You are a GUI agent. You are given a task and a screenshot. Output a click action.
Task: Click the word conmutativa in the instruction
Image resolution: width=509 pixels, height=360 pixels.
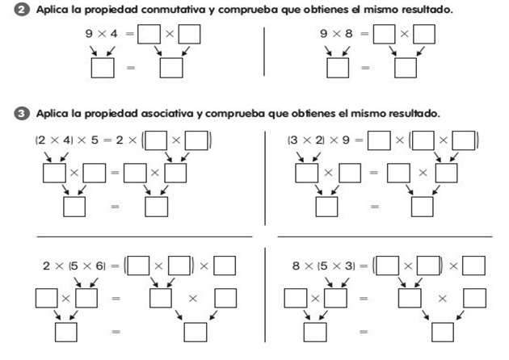(x=168, y=10)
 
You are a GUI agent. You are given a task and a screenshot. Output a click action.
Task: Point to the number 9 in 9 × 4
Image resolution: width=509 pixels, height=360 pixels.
(x=89, y=34)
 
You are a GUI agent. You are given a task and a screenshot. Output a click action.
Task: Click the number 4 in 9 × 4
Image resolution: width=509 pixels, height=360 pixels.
(x=116, y=34)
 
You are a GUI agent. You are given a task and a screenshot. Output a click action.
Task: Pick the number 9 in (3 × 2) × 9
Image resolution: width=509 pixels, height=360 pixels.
(x=349, y=140)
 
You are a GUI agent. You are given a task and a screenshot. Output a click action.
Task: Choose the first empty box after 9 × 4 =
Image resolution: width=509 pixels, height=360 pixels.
(x=149, y=35)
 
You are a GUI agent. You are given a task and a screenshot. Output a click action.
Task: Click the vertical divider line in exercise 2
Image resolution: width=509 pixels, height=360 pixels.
(x=264, y=52)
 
